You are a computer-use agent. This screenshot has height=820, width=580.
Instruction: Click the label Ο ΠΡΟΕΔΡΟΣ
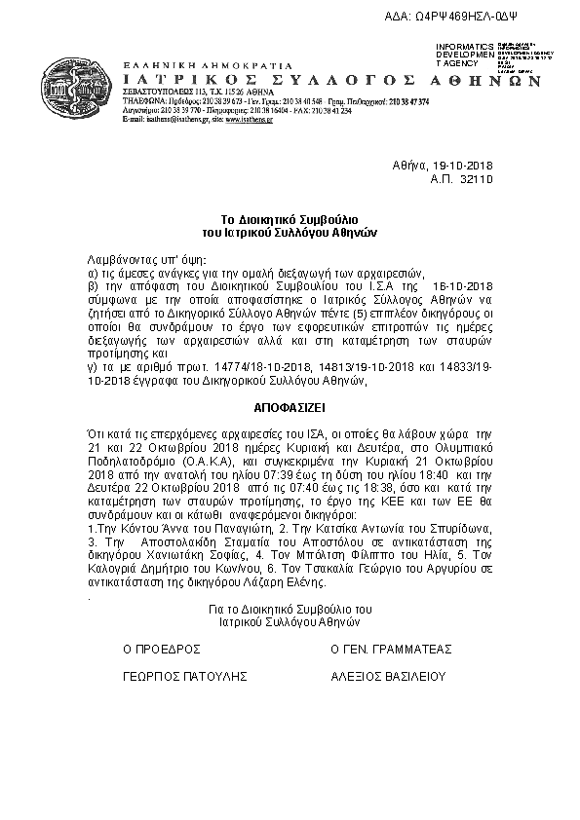tap(161, 647)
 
